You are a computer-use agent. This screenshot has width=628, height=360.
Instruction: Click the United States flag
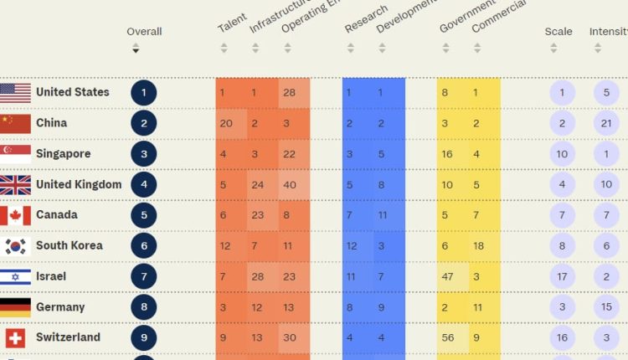[15, 93]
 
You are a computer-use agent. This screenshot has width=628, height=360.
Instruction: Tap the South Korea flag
[15, 246]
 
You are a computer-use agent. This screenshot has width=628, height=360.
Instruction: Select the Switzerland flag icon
[15, 338]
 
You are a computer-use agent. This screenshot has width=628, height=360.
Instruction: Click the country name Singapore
[63, 154]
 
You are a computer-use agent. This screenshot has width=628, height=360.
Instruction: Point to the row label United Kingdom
[79, 184]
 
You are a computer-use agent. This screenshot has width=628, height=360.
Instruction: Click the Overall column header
[144, 32]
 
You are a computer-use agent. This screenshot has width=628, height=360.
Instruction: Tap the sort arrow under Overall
[136, 50]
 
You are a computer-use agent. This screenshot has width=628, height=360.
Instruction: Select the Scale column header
[559, 32]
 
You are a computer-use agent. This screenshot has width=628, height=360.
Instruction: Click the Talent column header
[232, 24]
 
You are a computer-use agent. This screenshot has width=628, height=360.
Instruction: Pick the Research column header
[366, 20]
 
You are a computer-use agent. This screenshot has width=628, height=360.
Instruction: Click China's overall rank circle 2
[143, 124]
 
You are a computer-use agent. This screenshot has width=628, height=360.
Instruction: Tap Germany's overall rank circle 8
[143, 307]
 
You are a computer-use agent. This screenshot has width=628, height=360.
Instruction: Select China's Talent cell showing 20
[226, 124]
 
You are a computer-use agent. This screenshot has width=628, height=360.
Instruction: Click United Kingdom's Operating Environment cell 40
[289, 185]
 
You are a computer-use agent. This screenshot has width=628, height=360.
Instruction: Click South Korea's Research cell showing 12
[352, 246]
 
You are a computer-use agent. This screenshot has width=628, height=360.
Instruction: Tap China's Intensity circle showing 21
[606, 124]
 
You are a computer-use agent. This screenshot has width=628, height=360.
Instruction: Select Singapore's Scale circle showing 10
[562, 154]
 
